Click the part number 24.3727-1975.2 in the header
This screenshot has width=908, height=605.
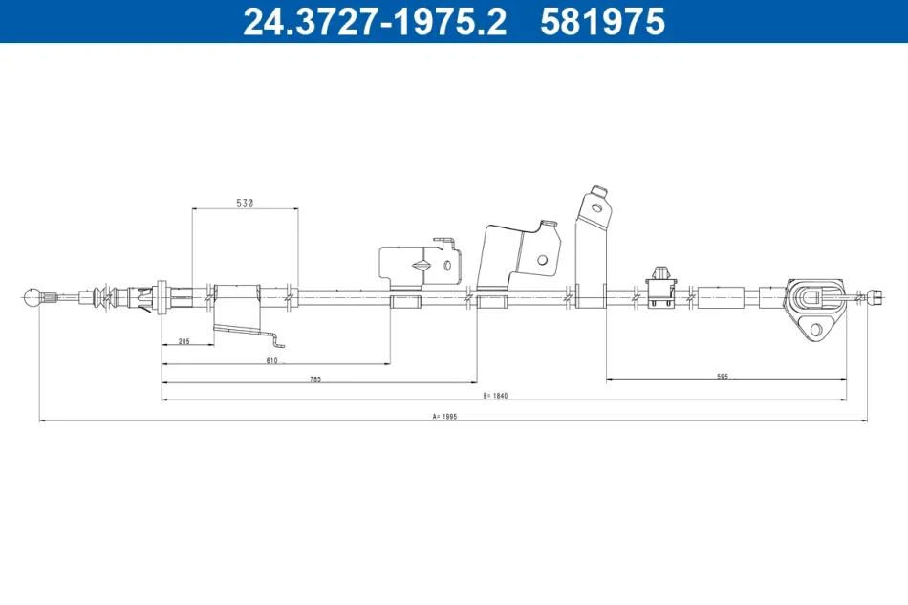375,21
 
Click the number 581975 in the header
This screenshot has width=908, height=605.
602,21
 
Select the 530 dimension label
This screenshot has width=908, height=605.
245,204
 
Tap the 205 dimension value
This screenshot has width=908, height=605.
184,341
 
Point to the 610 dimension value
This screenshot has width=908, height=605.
272,360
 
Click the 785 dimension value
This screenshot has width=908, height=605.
315,379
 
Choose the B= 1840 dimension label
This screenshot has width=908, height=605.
495,396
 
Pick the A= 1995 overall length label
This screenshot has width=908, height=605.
444,417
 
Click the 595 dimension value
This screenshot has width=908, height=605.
723,377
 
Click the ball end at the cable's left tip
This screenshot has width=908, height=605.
32,297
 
